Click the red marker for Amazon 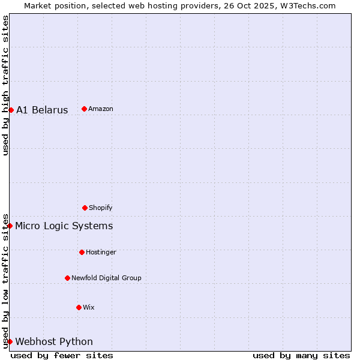pyautogui.click(x=84, y=109)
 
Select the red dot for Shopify pyautogui.click(x=85, y=208)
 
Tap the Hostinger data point pyautogui.click(x=82, y=252)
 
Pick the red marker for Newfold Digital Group pyautogui.click(x=67, y=278)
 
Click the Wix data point pyautogui.click(x=79, y=307)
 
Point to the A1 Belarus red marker pyautogui.click(x=11, y=110)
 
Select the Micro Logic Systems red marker pyautogui.click(x=10, y=226)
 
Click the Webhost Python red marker pyautogui.click(x=10, y=341)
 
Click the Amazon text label pyautogui.click(x=101, y=109)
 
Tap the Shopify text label pyautogui.click(x=101, y=208)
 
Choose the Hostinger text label pyautogui.click(x=101, y=252)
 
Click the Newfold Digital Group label pyautogui.click(x=106, y=278)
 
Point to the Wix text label pyautogui.click(x=89, y=307)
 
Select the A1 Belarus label pyautogui.click(x=42, y=110)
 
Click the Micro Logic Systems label pyautogui.click(x=64, y=226)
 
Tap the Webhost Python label pyautogui.click(x=54, y=341)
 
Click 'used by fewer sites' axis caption pyautogui.click(x=62, y=355)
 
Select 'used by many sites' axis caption pyautogui.click(x=301, y=355)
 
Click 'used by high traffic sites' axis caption pyautogui.click(x=5, y=85)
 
